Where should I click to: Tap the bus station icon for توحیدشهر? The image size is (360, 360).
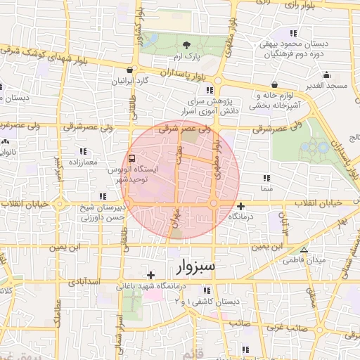[x=132, y=158]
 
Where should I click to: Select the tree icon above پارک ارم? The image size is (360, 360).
[x=186, y=44]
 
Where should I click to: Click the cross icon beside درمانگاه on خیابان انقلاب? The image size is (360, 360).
[x=241, y=206]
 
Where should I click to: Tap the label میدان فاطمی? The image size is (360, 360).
[x=304, y=260]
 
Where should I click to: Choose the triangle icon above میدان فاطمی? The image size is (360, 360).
[x=304, y=250]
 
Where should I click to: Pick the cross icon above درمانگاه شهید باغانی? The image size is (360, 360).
[x=150, y=275]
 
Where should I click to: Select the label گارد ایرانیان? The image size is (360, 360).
[x=131, y=81]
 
